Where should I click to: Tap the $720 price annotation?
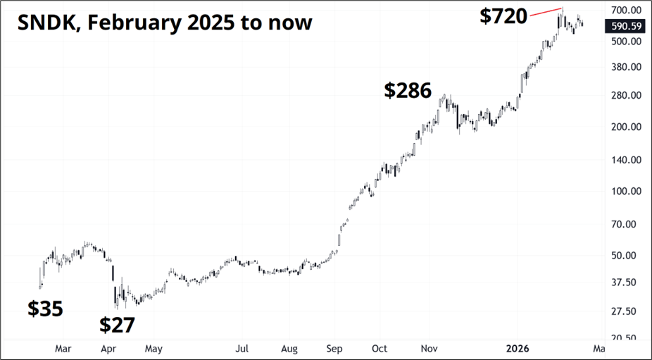[503, 16]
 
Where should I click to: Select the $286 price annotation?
[408, 90]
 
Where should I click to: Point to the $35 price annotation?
[45, 309]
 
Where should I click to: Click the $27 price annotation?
[117, 325]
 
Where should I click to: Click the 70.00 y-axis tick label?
[625, 225]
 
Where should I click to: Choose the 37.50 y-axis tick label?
[625, 283]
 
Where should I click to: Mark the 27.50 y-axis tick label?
[625, 311]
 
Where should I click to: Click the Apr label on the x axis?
[108, 348]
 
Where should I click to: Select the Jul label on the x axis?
[242, 348]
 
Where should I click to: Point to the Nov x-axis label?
[428, 348]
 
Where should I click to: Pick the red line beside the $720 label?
[546, 11]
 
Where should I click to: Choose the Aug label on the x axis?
[288, 348]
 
